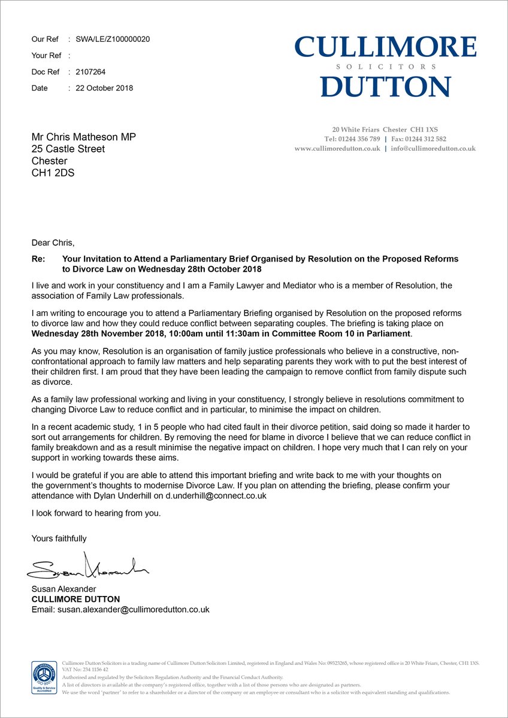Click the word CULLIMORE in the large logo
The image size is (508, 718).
pyautogui.click(x=386, y=47)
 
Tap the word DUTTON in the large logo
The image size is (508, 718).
pyautogui.click(x=386, y=86)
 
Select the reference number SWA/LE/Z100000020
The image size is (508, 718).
pyautogui.click(x=113, y=39)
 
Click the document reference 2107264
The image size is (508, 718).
pyautogui.click(x=90, y=72)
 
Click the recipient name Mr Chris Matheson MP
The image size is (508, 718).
pyautogui.click(x=84, y=137)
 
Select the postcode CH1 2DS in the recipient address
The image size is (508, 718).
pyautogui.click(x=53, y=174)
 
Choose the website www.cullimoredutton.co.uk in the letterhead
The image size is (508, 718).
pyautogui.click(x=337, y=148)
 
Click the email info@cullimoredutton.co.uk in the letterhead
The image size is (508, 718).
pyautogui.click(x=433, y=148)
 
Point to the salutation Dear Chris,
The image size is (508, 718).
pyautogui.click(x=54, y=243)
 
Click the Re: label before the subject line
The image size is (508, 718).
pyautogui.click(x=38, y=259)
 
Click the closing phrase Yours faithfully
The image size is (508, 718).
pyautogui.click(x=59, y=538)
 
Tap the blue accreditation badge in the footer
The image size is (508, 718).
pyautogui.click(x=44, y=677)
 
